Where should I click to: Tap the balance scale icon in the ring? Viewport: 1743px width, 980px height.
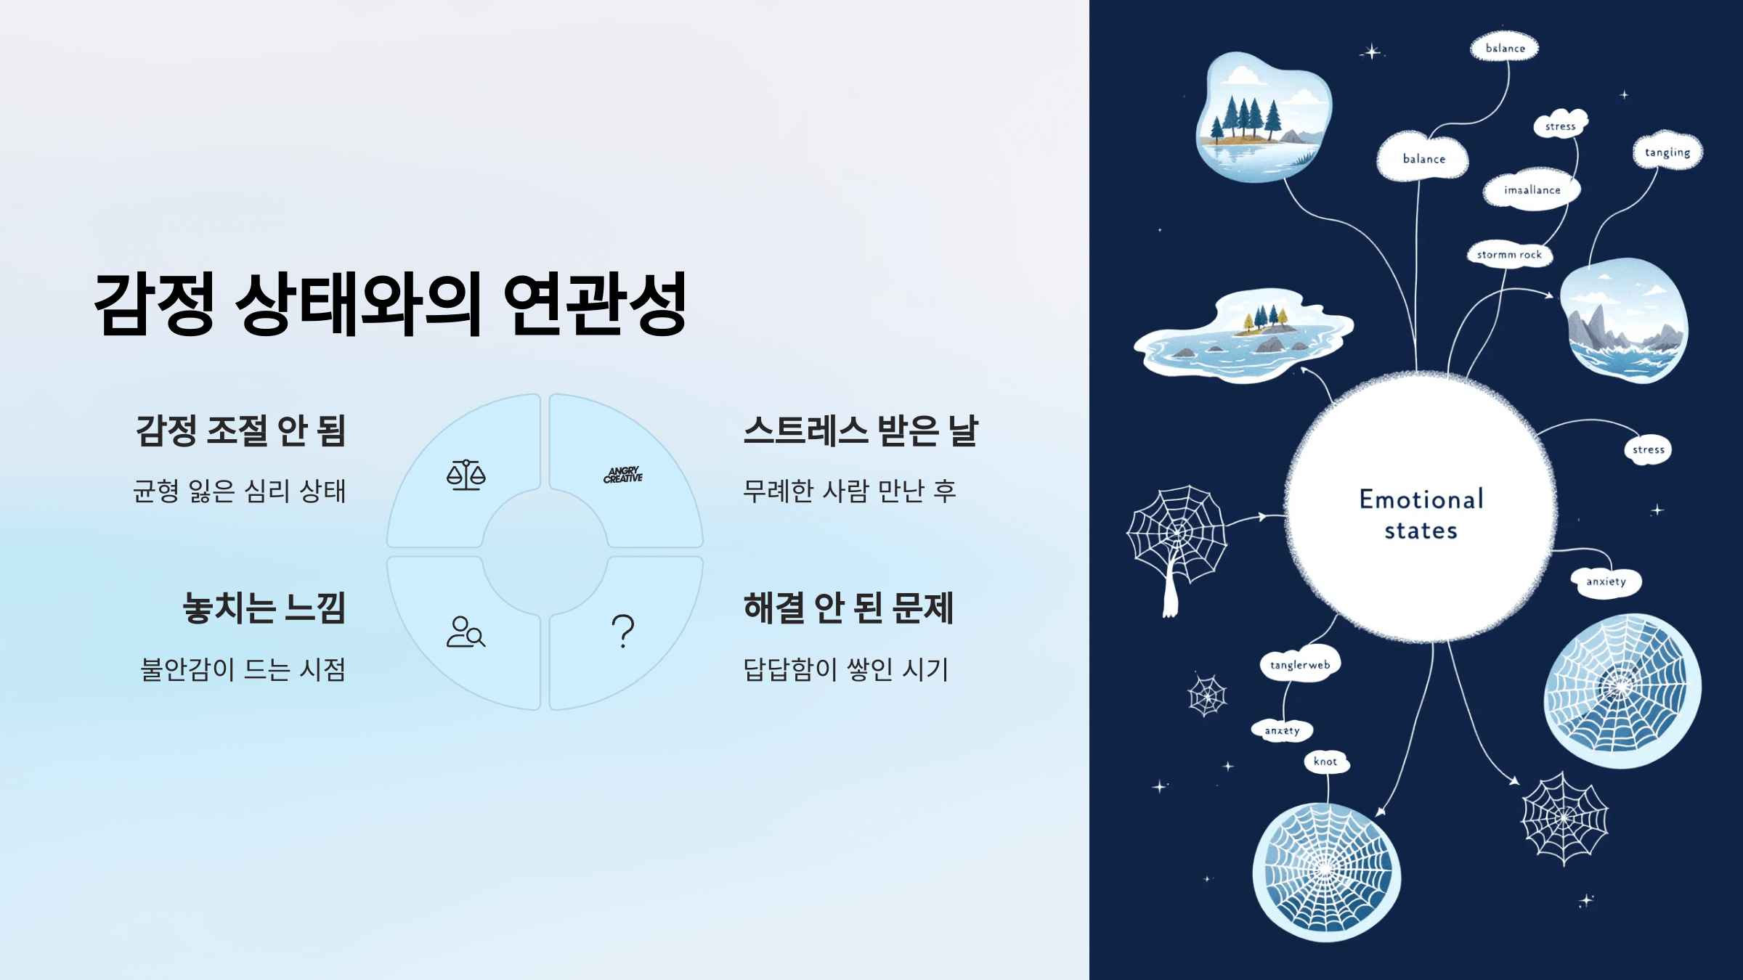466,475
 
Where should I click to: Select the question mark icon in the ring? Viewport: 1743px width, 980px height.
622,631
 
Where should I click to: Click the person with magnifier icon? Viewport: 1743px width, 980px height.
466,632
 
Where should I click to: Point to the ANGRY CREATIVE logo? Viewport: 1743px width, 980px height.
623,475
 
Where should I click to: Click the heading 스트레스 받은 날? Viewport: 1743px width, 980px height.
861,430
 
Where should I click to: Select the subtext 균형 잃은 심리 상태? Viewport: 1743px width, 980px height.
240,491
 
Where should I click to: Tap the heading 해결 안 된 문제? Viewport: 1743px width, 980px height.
848,608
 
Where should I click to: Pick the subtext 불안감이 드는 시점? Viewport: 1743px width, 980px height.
243,669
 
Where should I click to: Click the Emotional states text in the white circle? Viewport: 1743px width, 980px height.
1421,515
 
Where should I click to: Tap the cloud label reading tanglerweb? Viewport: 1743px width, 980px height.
1300,665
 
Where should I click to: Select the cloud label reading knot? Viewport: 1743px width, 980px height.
1325,761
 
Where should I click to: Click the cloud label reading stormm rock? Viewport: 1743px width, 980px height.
1509,255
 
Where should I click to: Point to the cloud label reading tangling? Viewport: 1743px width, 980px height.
1667,152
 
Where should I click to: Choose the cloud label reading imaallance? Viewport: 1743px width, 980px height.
1532,190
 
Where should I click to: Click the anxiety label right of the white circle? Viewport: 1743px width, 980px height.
1606,581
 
